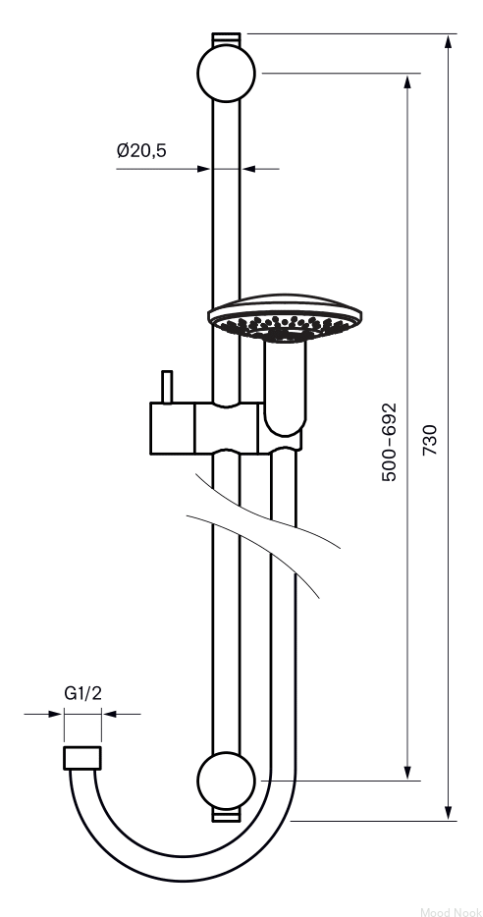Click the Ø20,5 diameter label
[141, 150]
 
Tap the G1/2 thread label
[82, 693]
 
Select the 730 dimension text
[430, 440]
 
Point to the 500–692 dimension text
[389, 442]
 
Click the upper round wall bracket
[227, 73]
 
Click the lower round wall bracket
[227, 781]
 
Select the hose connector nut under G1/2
[81, 758]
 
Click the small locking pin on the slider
[167, 387]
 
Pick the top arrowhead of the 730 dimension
[449, 41]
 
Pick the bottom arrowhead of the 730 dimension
[449, 814]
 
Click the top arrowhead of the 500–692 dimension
[407, 81]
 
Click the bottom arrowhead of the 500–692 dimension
[407, 773]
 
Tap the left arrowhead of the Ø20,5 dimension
[204, 169]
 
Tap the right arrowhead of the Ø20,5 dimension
[248, 169]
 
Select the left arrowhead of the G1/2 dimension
[56, 714]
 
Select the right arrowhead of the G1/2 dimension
[109, 714]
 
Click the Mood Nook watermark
[451, 911]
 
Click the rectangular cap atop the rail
[227, 38]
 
